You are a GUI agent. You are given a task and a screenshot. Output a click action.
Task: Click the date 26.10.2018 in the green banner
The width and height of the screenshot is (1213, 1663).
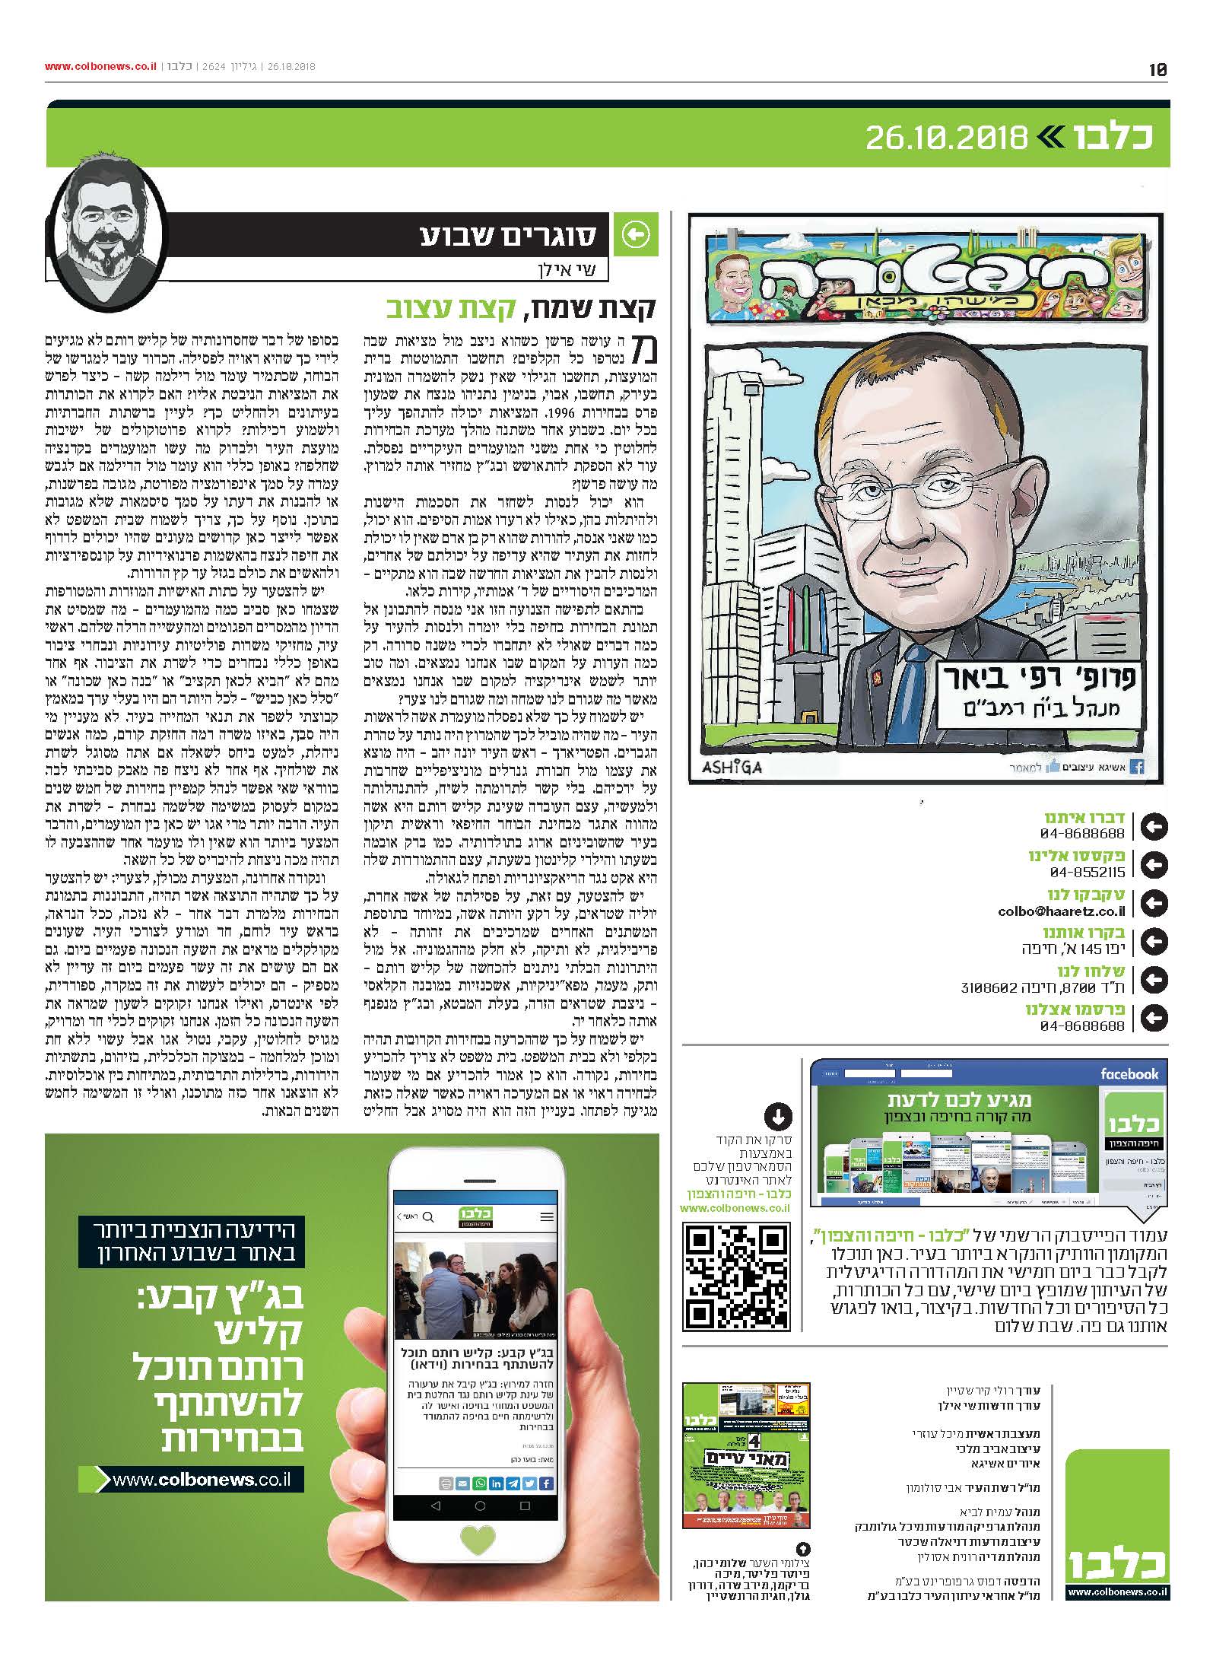[x=946, y=138]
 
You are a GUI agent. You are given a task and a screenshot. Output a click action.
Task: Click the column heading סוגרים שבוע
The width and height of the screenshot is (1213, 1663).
[x=509, y=237]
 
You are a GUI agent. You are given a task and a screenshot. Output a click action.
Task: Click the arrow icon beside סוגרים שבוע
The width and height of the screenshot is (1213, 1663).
[x=636, y=237]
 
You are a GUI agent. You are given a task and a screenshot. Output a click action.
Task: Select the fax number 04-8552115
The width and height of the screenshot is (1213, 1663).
[x=1087, y=873]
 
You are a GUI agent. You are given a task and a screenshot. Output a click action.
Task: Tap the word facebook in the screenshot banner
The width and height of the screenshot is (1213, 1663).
[x=1129, y=1074]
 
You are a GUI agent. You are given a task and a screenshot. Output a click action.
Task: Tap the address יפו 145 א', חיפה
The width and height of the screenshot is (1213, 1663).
[x=1072, y=949]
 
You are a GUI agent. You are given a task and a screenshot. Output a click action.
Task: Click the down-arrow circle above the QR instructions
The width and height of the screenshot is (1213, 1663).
[x=777, y=1117]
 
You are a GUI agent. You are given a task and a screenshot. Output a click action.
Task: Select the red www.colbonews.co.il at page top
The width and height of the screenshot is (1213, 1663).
[x=100, y=66]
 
